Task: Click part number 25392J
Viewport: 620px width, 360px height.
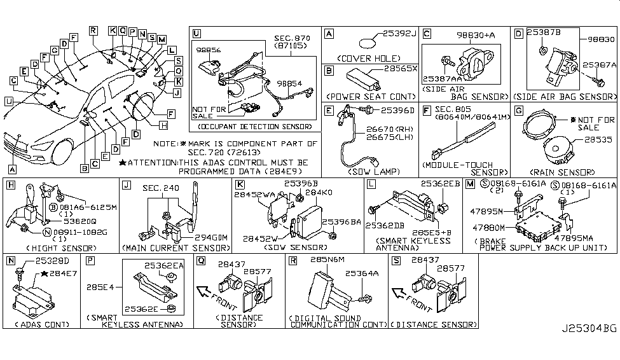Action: pos(398,33)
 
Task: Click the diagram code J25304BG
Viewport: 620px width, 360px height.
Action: pos(588,347)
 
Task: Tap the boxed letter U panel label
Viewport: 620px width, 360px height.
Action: pos(196,32)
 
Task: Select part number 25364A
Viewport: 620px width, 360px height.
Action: pos(361,272)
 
